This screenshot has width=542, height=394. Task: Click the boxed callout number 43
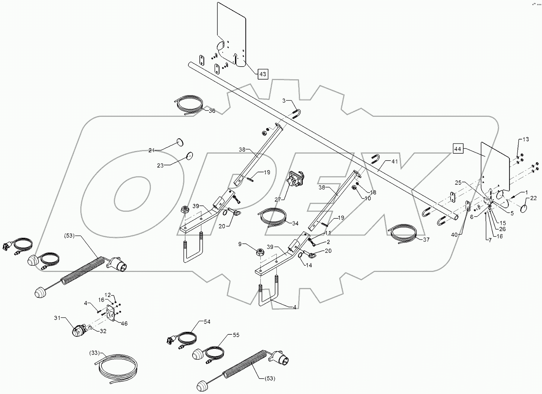pyautogui.click(x=263, y=74)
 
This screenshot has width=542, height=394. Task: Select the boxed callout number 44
pyautogui.click(x=458, y=149)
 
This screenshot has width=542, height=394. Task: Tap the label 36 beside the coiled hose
pyautogui.click(x=212, y=111)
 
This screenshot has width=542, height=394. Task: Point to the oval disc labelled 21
pyautogui.click(x=180, y=142)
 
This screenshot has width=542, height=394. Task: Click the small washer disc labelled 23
pyautogui.click(x=190, y=156)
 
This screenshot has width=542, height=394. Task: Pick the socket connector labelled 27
pyautogui.click(x=295, y=180)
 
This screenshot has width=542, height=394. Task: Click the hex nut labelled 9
pyautogui.click(x=260, y=252)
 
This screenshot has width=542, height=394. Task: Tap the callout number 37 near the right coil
pyautogui.click(x=426, y=239)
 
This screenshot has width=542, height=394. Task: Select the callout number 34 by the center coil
pyautogui.click(x=295, y=223)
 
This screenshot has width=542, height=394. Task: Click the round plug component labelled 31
pyautogui.click(x=79, y=330)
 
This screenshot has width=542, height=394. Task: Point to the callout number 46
pyautogui.click(x=124, y=324)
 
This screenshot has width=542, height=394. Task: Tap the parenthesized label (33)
pyautogui.click(x=95, y=352)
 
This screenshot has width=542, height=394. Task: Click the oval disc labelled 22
pyautogui.click(x=524, y=208)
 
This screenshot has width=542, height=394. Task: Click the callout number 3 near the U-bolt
pyautogui.click(x=284, y=101)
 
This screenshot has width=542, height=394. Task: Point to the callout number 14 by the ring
pyautogui.click(x=308, y=265)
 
